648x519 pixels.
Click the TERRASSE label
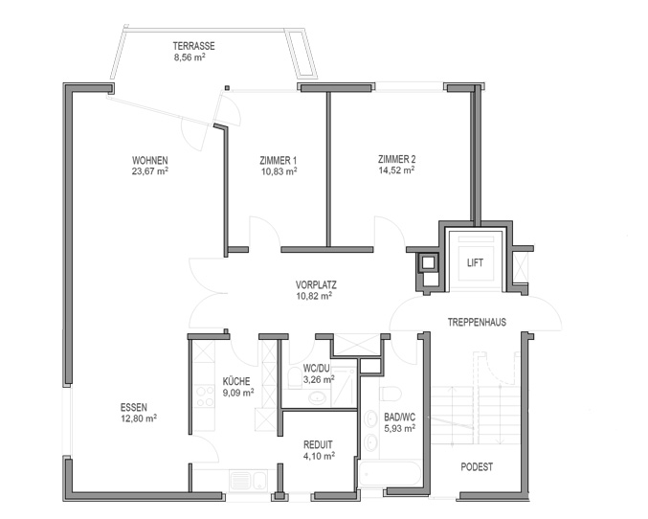(193, 46)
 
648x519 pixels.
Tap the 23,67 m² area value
(149, 171)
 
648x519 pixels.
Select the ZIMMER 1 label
(279, 161)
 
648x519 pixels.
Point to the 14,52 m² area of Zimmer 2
(396, 169)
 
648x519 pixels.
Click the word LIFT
(475, 262)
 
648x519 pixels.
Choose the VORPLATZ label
(316, 285)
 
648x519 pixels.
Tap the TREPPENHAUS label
(477, 322)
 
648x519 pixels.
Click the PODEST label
(477, 467)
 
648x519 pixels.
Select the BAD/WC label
(400, 417)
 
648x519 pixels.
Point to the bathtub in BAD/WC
(391, 475)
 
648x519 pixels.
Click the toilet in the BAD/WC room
(391, 394)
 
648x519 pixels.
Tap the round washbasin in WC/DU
(317, 397)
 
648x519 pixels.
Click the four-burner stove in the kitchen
(204, 395)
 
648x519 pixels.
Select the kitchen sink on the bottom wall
(248, 480)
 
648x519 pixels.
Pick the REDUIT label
(318, 445)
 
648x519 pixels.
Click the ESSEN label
(133, 407)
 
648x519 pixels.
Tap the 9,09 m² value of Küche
(238, 393)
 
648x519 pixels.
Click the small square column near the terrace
(227, 88)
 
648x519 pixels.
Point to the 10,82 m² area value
(314, 296)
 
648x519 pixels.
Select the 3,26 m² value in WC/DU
(319, 379)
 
